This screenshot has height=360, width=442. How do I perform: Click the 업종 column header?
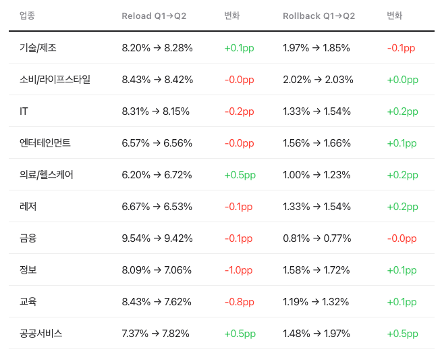27,16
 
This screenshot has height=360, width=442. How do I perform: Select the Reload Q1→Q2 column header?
154,16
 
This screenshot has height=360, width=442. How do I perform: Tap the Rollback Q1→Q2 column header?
319,16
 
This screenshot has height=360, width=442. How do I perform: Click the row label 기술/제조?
38,48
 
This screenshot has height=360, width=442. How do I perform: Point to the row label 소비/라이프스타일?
55,80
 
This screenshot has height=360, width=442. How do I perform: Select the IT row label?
24,111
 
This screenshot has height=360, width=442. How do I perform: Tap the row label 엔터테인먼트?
45,143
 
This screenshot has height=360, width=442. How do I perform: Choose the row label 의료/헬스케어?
47,175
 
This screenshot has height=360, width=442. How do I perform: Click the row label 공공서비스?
40,334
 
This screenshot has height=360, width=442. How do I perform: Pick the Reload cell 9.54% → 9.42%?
157,238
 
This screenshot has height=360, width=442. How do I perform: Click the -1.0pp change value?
238,270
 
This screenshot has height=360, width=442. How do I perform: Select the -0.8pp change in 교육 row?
240,302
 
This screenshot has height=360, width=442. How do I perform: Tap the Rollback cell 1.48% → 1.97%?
316,334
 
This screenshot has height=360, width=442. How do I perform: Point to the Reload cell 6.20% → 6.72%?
157,175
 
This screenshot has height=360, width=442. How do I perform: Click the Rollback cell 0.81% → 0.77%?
317,238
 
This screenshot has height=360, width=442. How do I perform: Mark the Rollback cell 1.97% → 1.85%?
316,48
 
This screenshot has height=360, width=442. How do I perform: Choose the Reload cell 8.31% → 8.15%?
156,111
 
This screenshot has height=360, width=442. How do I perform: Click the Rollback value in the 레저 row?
317,207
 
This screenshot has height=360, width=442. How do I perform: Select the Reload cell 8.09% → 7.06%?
157,270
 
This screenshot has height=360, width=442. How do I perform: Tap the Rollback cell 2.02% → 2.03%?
318,80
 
